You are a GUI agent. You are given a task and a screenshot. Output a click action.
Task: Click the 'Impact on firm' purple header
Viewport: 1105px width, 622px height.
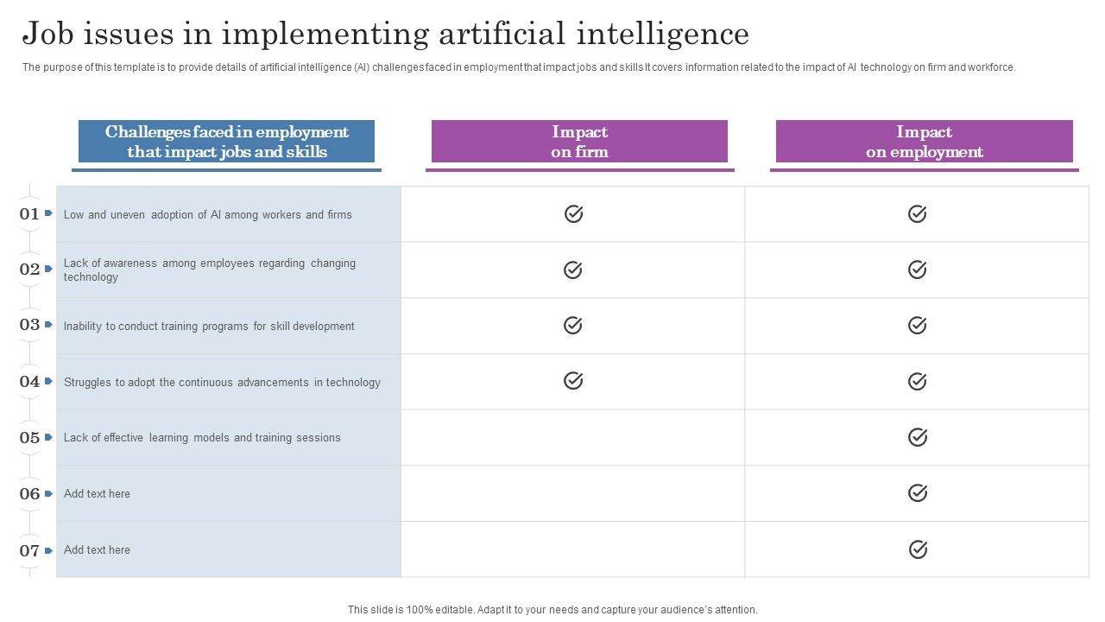[579, 142]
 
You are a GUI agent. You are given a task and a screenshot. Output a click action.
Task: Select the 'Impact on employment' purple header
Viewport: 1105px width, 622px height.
[924, 142]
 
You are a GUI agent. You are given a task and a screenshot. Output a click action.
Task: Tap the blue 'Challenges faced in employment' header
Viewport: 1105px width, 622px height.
[227, 142]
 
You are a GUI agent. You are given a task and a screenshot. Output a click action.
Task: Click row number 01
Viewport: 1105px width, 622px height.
[29, 214]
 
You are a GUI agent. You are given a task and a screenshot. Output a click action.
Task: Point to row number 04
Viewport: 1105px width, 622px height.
[29, 382]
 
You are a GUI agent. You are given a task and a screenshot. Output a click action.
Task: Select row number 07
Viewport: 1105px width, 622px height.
[29, 550]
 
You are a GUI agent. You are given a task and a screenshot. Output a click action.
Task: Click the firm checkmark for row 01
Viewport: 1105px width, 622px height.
[573, 213]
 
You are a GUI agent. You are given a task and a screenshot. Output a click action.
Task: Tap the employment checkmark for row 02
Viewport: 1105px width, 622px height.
[917, 270]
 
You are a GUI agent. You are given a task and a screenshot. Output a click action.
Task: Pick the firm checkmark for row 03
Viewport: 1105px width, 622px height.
[573, 325]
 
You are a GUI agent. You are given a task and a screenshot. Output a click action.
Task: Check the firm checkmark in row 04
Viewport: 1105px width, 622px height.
[573, 380]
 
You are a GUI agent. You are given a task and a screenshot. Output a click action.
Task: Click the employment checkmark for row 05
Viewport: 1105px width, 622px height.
[917, 437]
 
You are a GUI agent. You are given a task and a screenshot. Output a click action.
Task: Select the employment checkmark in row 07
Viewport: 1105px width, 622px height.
[917, 549]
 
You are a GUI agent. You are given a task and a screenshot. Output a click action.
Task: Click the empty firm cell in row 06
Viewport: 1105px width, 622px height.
[573, 493]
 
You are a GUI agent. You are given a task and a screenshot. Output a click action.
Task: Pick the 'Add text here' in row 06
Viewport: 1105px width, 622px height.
[97, 494]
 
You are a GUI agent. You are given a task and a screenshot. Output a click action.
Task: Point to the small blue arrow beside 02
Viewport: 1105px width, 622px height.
[49, 269]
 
